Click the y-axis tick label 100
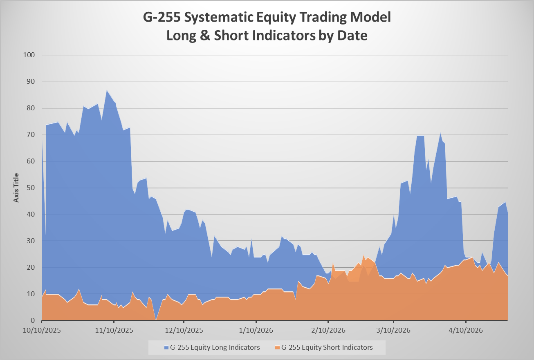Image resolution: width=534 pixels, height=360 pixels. (x=29, y=55)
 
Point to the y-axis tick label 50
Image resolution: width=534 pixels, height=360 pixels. (x=31, y=188)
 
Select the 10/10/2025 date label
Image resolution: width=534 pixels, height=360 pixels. (x=42, y=330)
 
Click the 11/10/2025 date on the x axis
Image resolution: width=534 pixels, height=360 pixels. (x=114, y=330)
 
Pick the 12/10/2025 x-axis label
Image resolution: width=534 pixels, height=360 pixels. (x=184, y=330)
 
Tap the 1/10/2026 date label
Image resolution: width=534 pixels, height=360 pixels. (x=256, y=330)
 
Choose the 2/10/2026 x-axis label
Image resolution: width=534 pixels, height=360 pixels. (x=328, y=330)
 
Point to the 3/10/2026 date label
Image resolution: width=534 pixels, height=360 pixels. (x=393, y=330)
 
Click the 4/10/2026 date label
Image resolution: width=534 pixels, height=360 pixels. (x=466, y=330)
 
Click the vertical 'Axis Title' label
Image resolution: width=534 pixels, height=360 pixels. (x=16, y=188)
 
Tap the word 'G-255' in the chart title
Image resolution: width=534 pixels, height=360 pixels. (x=162, y=18)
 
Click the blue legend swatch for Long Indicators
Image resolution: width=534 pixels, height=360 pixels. (x=166, y=348)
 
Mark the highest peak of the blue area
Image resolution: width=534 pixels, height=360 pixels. (x=107, y=90)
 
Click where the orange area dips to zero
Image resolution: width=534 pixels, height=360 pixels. (x=156, y=320)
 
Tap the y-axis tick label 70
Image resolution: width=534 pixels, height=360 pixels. (x=31, y=134)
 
